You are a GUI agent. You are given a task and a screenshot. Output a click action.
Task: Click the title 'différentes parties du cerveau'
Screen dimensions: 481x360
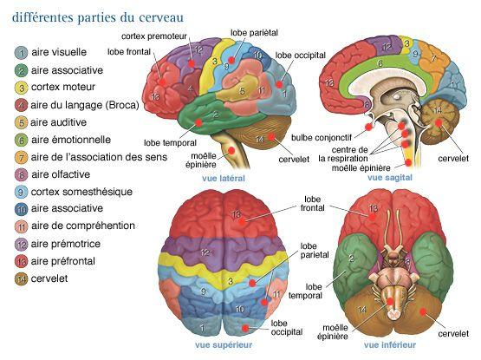tap(98, 17)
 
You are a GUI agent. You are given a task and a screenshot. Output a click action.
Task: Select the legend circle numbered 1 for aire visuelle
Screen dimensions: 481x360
tap(21, 53)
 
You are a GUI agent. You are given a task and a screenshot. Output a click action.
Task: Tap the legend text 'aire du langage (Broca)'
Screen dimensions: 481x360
tap(85, 105)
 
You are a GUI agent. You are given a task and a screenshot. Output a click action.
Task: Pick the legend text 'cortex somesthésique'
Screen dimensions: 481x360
tap(81, 192)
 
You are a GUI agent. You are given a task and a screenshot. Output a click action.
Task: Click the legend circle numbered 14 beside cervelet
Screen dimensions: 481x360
tap(21, 279)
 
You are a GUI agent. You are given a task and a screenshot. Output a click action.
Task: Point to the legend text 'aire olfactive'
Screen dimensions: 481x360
tap(61, 174)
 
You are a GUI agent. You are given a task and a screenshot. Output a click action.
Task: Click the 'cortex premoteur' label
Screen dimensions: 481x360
tap(154, 36)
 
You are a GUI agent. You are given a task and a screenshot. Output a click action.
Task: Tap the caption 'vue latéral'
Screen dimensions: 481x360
tap(224, 178)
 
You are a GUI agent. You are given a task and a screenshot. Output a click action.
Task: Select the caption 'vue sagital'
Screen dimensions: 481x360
tap(390, 178)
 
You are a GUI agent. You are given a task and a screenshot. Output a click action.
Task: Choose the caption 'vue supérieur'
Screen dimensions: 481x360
tap(224, 344)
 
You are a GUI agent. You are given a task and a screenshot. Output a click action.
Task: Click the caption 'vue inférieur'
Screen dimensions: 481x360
tap(390, 344)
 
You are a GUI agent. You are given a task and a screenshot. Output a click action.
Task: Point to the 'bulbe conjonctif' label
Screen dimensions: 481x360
tap(322, 138)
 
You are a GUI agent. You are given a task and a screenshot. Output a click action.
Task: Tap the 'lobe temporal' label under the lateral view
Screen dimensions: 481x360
tap(170, 143)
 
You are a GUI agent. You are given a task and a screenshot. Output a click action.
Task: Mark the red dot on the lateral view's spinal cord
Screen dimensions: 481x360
tap(231, 151)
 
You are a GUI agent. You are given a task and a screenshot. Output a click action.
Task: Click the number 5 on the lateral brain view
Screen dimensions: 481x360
tap(242, 90)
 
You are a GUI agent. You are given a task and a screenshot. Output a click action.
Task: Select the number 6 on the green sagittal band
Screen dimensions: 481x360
tap(380, 63)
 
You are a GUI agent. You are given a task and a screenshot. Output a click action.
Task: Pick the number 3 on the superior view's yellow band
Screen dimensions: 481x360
tap(231, 280)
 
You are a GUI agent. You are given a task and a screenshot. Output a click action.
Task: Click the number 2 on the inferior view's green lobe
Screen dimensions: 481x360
tap(351, 258)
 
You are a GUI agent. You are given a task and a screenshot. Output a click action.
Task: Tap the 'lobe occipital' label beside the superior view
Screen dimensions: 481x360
tap(287, 328)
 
